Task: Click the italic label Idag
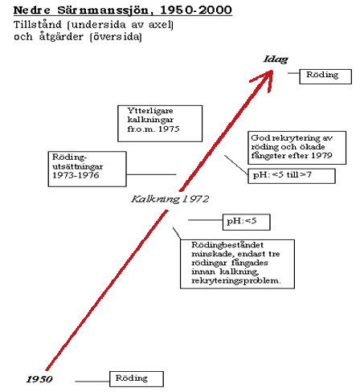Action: (x=276, y=59)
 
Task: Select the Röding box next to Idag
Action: (x=325, y=76)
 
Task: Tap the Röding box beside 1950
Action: (x=137, y=379)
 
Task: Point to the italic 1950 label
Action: (x=39, y=379)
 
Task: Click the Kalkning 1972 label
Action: (x=170, y=199)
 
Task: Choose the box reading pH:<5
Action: (x=247, y=222)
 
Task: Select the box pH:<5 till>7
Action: (x=292, y=176)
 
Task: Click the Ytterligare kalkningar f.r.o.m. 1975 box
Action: (x=160, y=124)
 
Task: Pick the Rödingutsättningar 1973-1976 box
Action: (x=87, y=169)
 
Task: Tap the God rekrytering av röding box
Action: (x=297, y=148)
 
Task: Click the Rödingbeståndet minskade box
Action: (x=237, y=264)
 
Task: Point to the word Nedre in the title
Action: (x=31, y=10)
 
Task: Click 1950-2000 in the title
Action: (x=196, y=10)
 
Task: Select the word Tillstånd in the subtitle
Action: (x=38, y=25)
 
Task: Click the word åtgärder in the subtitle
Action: (x=61, y=37)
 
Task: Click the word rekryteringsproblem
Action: (x=235, y=280)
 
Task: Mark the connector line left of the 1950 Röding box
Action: (x=92, y=382)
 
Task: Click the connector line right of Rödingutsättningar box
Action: (x=151, y=174)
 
